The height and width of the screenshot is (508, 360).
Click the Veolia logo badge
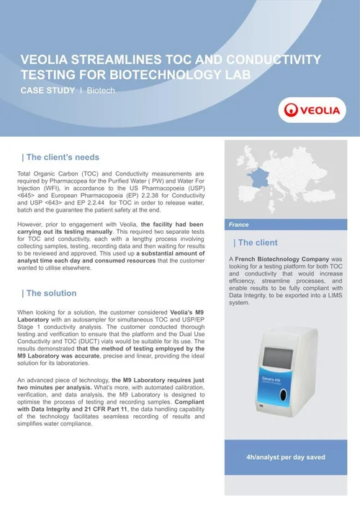[x=311, y=112]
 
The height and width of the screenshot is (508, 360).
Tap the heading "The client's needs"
[x=63, y=157]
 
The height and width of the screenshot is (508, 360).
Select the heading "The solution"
[x=52, y=293]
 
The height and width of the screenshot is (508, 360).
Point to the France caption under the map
[x=239, y=224]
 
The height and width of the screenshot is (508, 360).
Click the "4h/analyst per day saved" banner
[x=287, y=457]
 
